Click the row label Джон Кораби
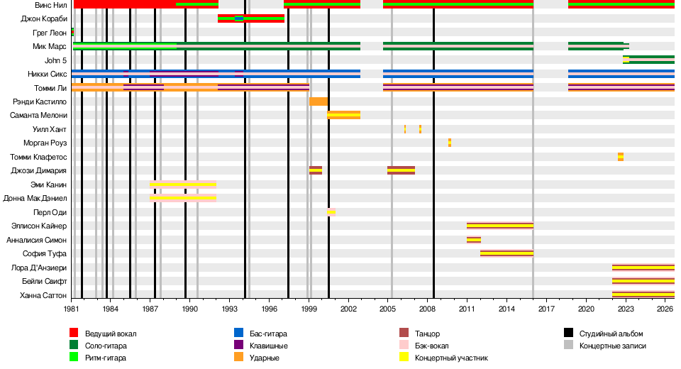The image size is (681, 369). click(x=44, y=18)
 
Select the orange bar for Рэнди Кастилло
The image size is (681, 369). click(x=319, y=101)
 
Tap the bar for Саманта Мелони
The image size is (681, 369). click(x=343, y=115)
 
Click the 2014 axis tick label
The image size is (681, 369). click(x=506, y=309)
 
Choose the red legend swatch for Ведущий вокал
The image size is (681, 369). click(x=74, y=333)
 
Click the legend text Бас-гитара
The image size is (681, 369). click(x=268, y=334)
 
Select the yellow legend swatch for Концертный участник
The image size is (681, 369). click(x=404, y=357)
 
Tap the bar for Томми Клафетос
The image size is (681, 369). click(x=621, y=157)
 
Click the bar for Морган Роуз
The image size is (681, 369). click(x=450, y=143)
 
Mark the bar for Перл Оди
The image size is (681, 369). click(x=331, y=212)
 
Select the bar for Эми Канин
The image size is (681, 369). click(x=183, y=184)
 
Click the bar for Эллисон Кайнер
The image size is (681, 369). click(x=500, y=226)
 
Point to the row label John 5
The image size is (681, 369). click(x=55, y=60)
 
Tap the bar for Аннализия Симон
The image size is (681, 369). click(x=474, y=239)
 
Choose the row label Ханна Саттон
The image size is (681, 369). click(x=43, y=295)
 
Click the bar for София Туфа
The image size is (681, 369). click(x=506, y=253)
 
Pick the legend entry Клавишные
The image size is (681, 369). click(x=268, y=346)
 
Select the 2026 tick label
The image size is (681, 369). click(x=665, y=309)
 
